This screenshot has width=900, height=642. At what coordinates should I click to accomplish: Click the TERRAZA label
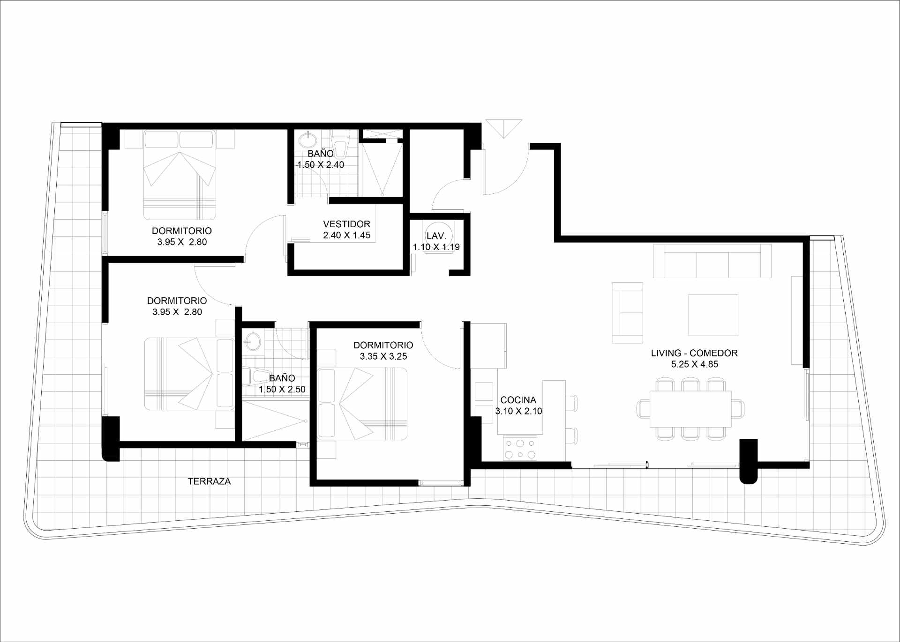(209, 481)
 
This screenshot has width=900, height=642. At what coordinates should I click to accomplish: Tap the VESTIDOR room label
(346, 224)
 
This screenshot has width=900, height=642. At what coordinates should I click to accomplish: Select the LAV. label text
(436, 236)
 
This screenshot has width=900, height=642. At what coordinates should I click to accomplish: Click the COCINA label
(518, 400)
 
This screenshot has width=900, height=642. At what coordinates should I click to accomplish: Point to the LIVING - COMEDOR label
(694, 353)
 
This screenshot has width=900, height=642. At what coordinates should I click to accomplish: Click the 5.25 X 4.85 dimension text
(694, 364)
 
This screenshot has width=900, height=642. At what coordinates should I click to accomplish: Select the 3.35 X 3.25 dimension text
(383, 356)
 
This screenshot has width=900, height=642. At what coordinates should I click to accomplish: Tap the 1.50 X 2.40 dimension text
(321, 165)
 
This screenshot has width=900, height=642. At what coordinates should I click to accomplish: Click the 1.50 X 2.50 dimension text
(282, 389)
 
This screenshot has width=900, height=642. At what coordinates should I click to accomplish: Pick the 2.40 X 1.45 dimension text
(346, 236)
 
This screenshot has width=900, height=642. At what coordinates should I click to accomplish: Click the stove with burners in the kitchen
(520, 448)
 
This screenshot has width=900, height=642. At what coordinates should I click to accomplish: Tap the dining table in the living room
(690, 409)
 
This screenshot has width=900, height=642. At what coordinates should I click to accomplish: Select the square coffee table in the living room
(713, 315)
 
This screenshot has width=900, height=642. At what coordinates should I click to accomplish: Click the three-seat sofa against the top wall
(712, 261)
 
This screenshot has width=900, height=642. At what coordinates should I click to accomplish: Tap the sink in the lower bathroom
(253, 341)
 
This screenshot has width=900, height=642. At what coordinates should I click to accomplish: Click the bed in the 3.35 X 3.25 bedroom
(362, 404)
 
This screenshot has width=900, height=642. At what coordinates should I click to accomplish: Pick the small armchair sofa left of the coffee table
(627, 313)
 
